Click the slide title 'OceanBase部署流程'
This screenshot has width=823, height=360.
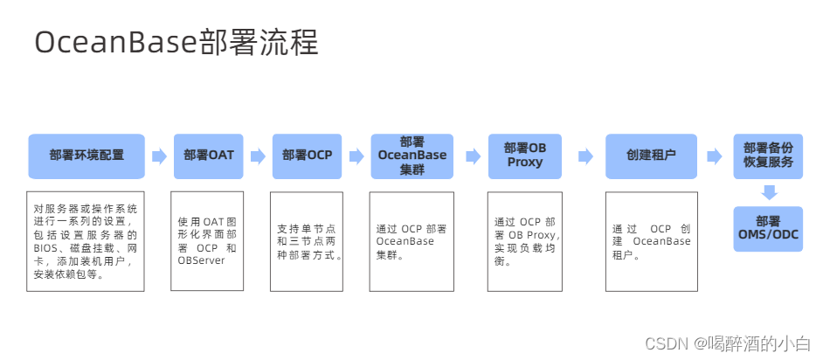176,41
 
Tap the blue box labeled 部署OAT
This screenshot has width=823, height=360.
208,156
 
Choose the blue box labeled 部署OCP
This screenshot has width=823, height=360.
307,156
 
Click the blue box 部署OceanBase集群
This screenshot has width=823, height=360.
411,156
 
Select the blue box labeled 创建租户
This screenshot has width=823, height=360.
651,156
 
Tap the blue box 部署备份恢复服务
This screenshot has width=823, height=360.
768,156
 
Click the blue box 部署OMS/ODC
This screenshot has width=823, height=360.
768,228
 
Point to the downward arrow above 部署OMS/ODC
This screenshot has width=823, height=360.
769,191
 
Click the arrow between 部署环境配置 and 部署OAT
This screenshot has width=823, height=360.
159,156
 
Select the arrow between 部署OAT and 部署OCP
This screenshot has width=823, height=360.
258,156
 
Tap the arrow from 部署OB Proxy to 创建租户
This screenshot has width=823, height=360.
584,156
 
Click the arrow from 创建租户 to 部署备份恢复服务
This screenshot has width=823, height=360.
715,156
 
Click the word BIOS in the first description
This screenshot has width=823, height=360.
46,248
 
